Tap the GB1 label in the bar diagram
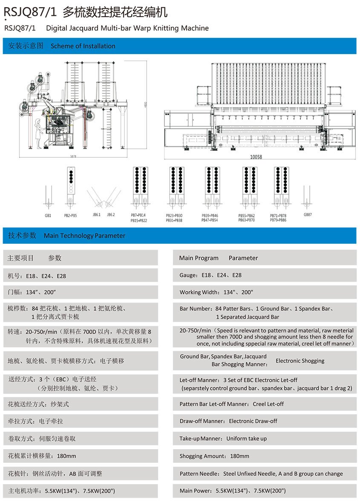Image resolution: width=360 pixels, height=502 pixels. [x=48, y=216]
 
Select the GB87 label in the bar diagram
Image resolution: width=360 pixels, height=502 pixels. [x=308, y=215]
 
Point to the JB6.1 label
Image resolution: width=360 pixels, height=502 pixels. [x=96, y=215]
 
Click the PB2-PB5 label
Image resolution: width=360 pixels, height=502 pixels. [x=70, y=216]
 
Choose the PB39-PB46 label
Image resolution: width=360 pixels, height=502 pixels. [x=210, y=216]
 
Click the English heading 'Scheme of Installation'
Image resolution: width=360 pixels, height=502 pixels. [x=83, y=46]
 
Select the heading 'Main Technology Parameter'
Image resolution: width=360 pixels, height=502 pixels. [x=84, y=236]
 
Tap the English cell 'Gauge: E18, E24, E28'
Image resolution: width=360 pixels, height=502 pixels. [x=210, y=275]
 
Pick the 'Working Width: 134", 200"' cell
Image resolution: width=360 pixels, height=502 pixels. [x=216, y=292]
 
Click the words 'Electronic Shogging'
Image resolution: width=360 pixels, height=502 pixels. [x=300, y=361]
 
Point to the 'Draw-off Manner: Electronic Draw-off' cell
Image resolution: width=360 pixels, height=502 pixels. [x=228, y=421]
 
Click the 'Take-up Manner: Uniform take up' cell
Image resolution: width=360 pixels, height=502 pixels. [x=223, y=439]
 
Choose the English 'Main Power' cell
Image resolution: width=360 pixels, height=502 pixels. [x=233, y=490]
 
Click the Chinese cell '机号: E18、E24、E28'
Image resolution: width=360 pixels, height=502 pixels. [x=37, y=276]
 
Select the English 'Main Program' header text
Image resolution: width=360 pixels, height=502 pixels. [x=199, y=258]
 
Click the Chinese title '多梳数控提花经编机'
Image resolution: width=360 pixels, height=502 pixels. [x=115, y=12]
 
